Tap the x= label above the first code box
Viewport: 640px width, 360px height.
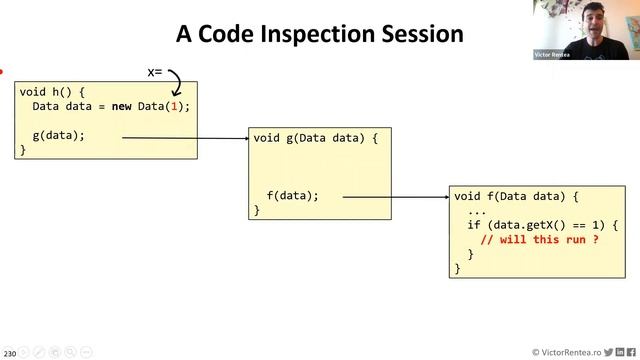(x=155, y=73)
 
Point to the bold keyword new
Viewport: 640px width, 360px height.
(x=121, y=106)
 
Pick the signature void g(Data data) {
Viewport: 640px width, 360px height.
(x=316, y=138)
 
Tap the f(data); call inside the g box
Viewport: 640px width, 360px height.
(x=292, y=196)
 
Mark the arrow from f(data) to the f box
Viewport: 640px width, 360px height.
(x=396, y=197)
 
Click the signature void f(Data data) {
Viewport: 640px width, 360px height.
(x=516, y=196)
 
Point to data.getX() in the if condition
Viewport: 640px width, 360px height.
(x=529, y=225)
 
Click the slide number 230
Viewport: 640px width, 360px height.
(x=9, y=353)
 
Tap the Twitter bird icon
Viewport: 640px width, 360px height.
(x=607, y=352)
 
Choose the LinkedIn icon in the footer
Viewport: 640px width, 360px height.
(x=619, y=352)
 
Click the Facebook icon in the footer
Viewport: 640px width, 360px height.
(x=631, y=352)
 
